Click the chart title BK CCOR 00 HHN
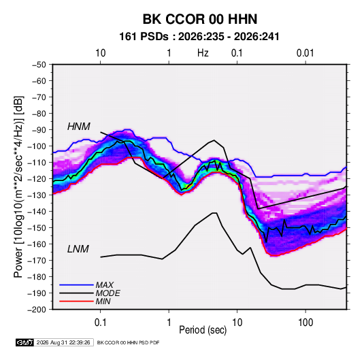click(x=200, y=19)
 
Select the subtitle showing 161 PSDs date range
click(x=199, y=37)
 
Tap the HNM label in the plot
click(x=79, y=127)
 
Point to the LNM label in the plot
click(x=78, y=249)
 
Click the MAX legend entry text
click(x=105, y=284)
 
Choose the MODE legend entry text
click(x=107, y=293)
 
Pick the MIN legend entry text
click(x=103, y=301)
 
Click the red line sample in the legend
click(x=76, y=301)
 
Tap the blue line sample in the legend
click(x=76, y=284)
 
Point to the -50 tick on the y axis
click(x=39, y=65)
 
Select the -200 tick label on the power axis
click(x=37, y=310)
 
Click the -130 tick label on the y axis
click(x=37, y=195)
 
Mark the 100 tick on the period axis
click(x=305, y=323)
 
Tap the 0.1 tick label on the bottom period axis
click(x=100, y=323)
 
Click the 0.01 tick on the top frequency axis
click(x=305, y=53)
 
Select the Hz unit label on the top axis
click(x=203, y=53)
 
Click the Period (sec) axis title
click(x=203, y=330)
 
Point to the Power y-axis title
click(x=18, y=187)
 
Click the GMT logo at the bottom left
click(x=24, y=342)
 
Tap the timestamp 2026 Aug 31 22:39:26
click(x=63, y=342)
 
